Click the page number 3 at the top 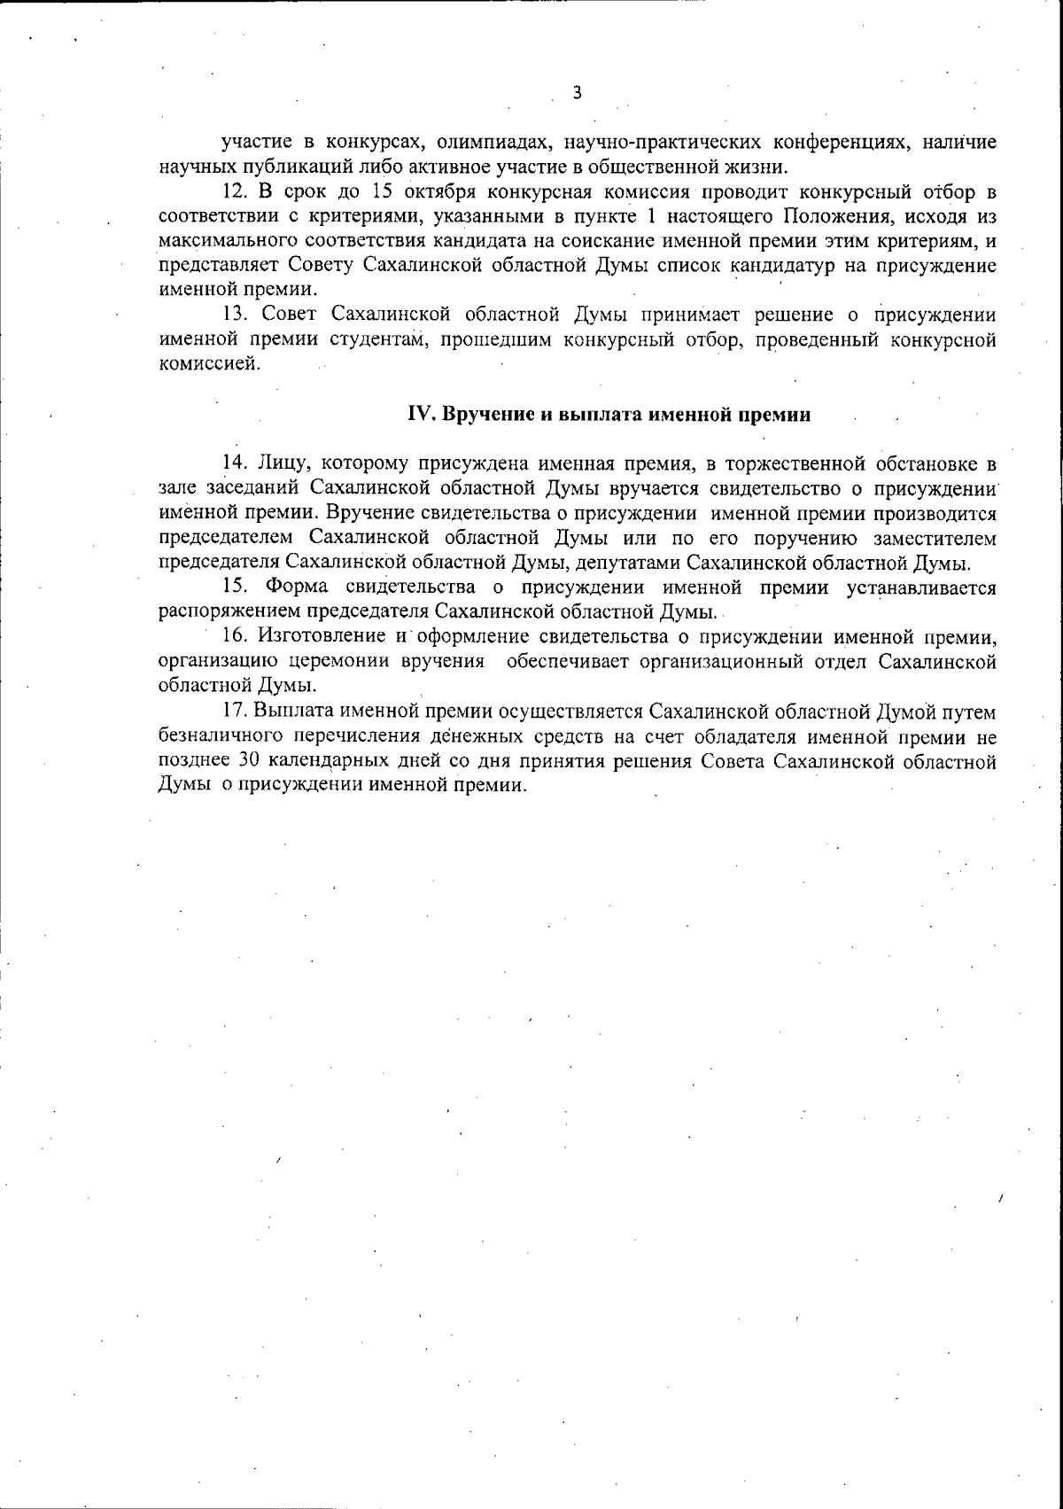coord(577,93)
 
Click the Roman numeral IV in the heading coord(417,415)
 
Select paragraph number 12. coord(232,191)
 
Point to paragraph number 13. coord(233,315)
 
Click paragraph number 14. coord(233,463)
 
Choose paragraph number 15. coord(233,587)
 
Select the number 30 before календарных coord(248,760)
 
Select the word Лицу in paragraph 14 coord(283,463)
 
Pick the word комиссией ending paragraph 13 coord(209,364)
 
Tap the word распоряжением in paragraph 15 coord(231,611)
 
